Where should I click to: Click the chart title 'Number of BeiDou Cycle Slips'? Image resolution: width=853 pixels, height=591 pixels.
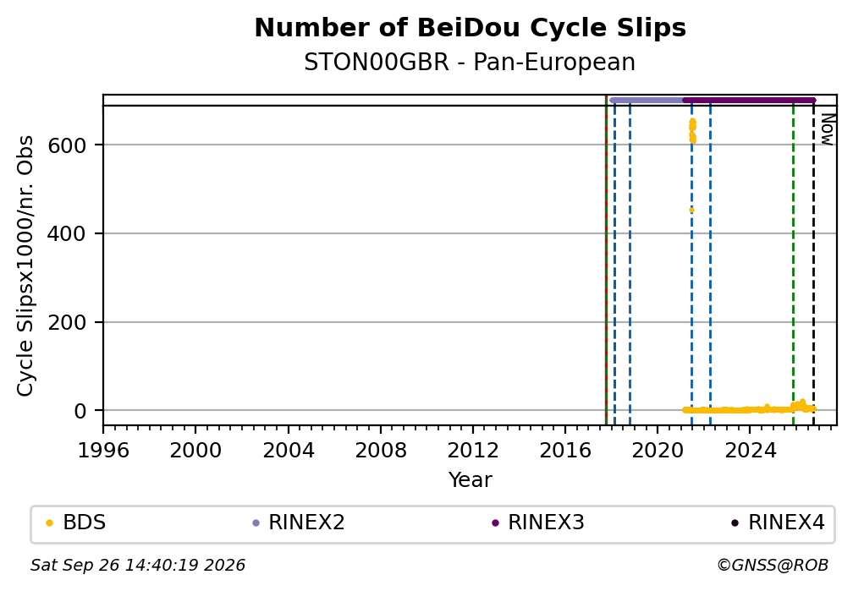click(470, 28)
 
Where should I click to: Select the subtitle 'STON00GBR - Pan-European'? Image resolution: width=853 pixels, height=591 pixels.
click(470, 63)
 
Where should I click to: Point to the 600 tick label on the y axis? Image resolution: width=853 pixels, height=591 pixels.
click(67, 145)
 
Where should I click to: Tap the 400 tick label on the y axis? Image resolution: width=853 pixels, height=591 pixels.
click(67, 234)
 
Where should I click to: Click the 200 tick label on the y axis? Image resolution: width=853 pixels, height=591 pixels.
click(67, 322)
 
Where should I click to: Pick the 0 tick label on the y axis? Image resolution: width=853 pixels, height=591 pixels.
click(80, 411)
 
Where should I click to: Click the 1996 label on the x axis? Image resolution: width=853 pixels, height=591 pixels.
click(103, 450)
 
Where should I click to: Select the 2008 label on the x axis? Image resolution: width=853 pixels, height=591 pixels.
click(381, 450)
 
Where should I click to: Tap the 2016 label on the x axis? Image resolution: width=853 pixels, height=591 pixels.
click(565, 450)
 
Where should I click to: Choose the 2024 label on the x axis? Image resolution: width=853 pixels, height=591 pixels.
click(750, 450)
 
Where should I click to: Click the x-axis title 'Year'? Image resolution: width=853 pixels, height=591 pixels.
click(470, 479)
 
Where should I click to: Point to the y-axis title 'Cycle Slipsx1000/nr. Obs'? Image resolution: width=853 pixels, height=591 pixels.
click(25, 265)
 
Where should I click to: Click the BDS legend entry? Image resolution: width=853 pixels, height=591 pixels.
click(76, 523)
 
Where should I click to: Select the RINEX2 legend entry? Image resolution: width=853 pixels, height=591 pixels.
click(299, 523)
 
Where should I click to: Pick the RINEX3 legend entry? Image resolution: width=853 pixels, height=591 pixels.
click(538, 523)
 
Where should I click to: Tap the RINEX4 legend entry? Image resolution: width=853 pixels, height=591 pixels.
click(779, 523)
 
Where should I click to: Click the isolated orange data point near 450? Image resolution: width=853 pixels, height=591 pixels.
click(691, 210)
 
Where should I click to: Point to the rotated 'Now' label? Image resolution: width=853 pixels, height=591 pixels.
click(827, 129)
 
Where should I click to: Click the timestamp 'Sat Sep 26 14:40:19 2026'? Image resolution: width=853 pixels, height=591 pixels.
click(138, 566)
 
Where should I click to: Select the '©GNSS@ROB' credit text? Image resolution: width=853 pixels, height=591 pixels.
click(773, 566)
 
